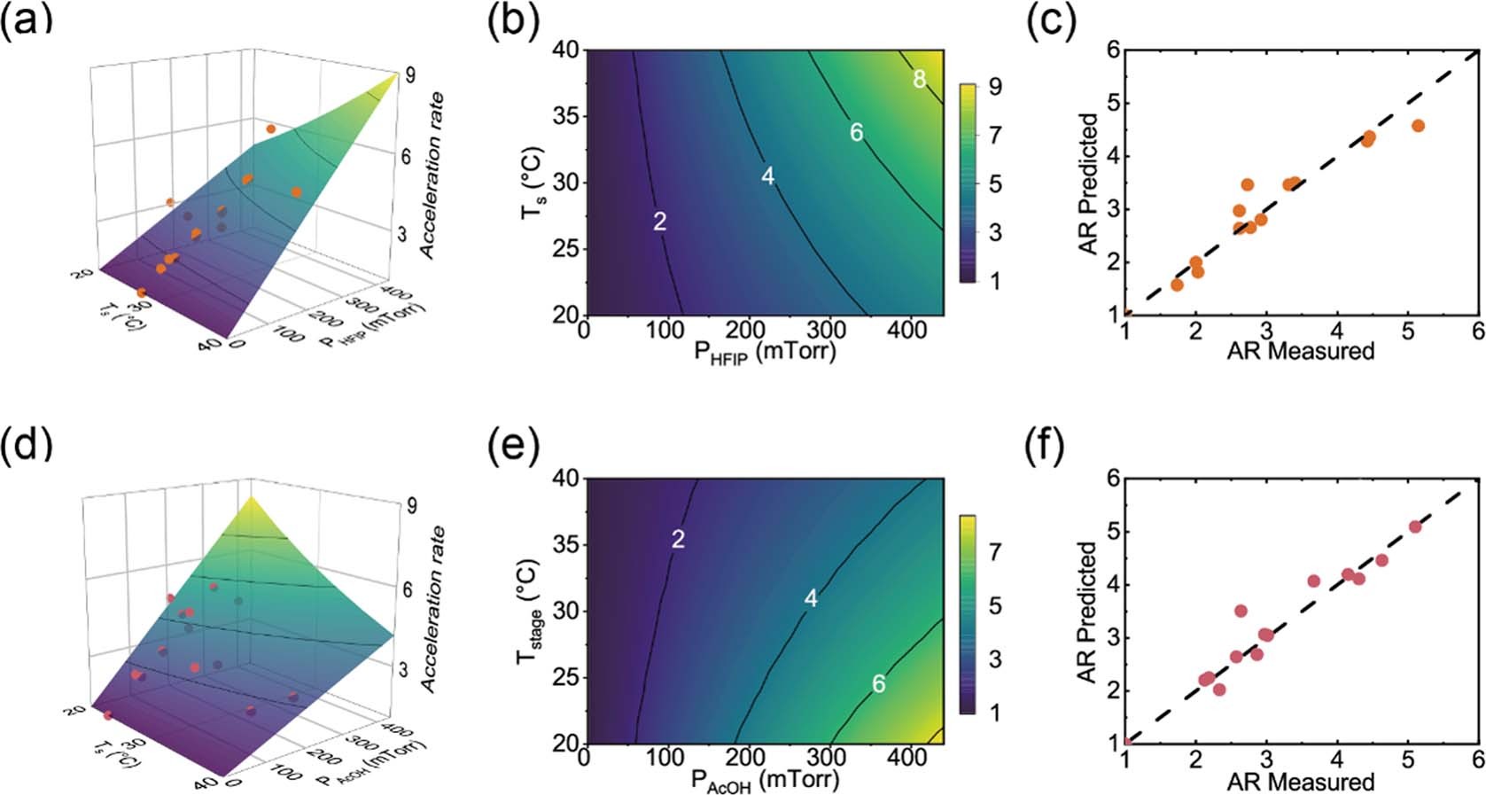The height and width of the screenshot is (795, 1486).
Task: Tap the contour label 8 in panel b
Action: click(x=919, y=80)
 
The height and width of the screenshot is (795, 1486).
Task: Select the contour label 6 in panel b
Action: click(x=856, y=133)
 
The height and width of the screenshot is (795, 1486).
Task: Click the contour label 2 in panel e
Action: click(x=678, y=538)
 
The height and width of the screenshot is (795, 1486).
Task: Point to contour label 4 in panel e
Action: click(x=810, y=599)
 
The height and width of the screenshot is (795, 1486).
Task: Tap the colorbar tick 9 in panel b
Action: click(x=995, y=87)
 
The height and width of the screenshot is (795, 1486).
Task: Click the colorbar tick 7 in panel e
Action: click(x=995, y=552)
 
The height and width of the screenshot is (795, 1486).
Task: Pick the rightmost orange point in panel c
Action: click(x=1418, y=126)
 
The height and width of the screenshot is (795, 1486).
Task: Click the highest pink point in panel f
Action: click(x=1415, y=526)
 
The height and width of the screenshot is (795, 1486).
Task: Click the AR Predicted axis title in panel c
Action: click(x=1089, y=183)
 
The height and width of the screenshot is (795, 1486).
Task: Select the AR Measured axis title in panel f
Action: click(x=1300, y=781)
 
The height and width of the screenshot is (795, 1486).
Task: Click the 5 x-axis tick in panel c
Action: click(x=1407, y=331)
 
